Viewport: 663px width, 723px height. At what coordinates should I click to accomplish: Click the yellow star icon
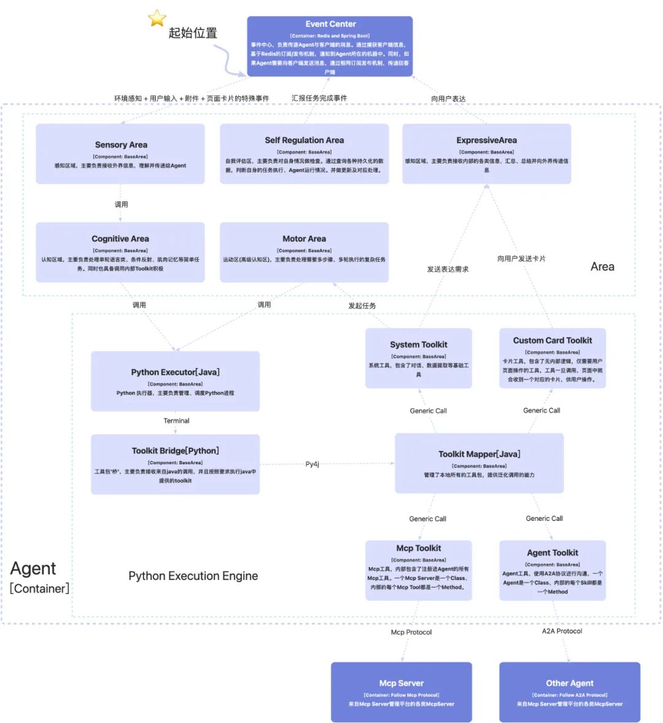[x=157, y=18]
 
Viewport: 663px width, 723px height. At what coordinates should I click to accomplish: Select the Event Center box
[x=330, y=47]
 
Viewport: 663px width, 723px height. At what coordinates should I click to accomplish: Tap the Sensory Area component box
[x=120, y=154]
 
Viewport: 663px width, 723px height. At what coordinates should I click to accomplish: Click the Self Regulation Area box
[x=304, y=154]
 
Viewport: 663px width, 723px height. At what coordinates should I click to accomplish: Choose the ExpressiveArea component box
[x=486, y=154]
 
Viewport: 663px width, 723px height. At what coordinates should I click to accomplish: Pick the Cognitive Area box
[x=120, y=252]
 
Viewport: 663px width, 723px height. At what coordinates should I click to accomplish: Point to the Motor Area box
[x=304, y=252]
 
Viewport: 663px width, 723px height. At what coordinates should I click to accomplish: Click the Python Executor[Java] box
[x=175, y=381]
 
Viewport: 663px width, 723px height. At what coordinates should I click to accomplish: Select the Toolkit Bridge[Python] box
[x=175, y=464]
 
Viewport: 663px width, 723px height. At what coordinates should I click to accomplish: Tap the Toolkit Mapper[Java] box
[x=479, y=463]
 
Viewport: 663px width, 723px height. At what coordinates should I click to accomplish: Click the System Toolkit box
[x=419, y=358]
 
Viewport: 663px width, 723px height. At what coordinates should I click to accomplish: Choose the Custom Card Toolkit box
[x=552, y=358]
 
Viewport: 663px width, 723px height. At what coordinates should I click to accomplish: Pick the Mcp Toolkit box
[x=419, y=570]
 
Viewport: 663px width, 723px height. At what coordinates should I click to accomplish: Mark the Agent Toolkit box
[x=552, y=570]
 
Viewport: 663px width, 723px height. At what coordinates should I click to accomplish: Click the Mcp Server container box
[x=401, y=692]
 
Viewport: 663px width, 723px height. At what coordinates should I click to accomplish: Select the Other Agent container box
[x=570, y=692]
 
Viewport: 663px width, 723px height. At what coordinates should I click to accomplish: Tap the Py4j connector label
[x=312, y=464]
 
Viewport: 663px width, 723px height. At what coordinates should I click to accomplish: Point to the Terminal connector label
[x=176, y=421]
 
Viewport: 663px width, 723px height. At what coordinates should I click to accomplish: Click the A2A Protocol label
[x=562, y=631]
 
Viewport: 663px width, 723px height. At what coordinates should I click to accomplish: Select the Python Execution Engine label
[x=193, y=576]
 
